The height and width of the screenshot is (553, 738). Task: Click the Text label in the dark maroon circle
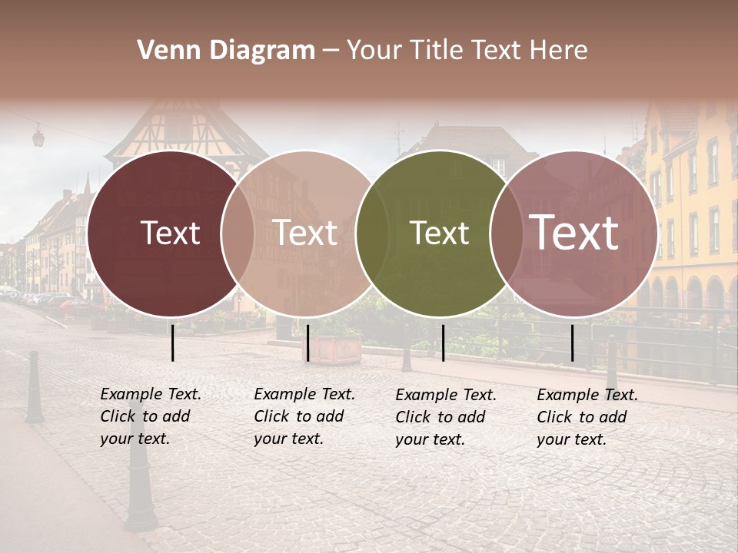(x=170, y=233)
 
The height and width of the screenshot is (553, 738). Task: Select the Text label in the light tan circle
(x=305, y=233)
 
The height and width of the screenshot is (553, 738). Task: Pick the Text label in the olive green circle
(x=439, y=233)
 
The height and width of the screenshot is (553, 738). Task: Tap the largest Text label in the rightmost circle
(x=574, y=233)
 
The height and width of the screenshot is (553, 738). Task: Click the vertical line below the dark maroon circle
(x=173, y=343)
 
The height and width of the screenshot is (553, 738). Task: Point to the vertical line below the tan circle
(x=307, y=343)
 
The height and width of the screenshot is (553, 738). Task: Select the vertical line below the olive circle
(x=443, y=343)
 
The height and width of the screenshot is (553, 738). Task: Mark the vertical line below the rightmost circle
(x=573, y=343)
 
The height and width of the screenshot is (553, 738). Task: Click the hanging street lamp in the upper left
(x=38, y=137)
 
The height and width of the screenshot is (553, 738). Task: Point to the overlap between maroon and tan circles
(x=238, y=233)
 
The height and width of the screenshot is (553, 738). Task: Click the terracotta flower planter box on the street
(x=336, y=348)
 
